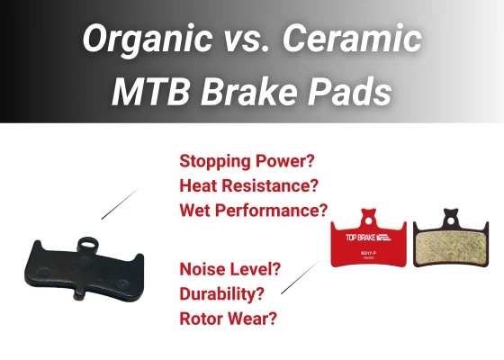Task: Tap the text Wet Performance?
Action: (254, 211)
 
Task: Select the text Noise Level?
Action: (230, 268)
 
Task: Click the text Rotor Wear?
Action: (228, 318)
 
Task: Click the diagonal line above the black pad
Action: (119, 203)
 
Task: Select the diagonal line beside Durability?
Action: (299, 278)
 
